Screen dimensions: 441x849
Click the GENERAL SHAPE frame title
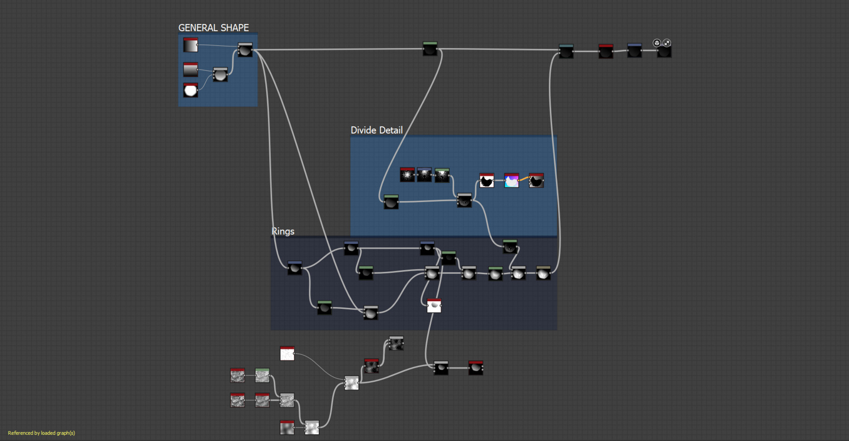(x=213, y=28)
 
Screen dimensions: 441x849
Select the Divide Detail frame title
(x=376, y=130)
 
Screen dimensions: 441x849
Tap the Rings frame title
(x=283, y=231)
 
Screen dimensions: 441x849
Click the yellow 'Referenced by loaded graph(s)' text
(x=42, y=433)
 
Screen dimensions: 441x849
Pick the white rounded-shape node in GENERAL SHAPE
(x=191, y=90)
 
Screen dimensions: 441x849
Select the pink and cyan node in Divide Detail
(x=511, y=180)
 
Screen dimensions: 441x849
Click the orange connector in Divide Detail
(x=524, y=179)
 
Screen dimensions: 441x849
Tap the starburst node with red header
(x=407, y=175)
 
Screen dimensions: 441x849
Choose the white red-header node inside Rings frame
(x=434, y=306)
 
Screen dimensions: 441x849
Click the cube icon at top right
(x=657, y=43)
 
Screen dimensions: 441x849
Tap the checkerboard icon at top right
(x=666, y=43)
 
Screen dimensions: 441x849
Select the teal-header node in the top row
(x=566, y=51)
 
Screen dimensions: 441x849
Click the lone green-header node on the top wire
(x=430, y=49)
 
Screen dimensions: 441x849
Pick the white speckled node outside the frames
(x=287, y=353)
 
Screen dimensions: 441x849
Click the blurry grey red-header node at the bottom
(x=287, y=427)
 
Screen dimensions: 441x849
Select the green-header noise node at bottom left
(x=262, y=375)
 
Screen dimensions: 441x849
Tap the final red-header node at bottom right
(x=475, y=368)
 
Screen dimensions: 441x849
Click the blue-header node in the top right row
(x=634, y=50)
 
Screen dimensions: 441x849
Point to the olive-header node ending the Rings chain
(x=543, y=273)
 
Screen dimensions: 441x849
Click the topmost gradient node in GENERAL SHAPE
(x=191, y=45)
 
